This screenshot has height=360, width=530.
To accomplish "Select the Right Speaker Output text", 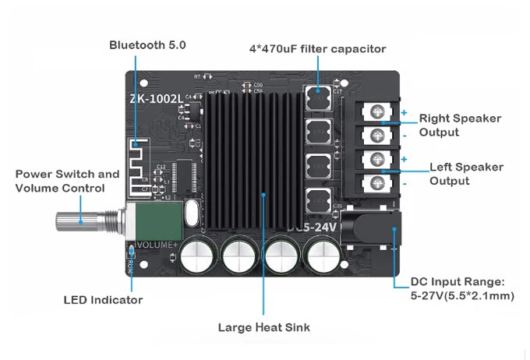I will (460, 125).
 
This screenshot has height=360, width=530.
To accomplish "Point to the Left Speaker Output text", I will (466, 174).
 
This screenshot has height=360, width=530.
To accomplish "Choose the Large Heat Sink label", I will (263, 327).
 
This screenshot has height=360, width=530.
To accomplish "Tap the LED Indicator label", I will (102, 300).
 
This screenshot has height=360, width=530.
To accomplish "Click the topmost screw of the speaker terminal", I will (376, 113).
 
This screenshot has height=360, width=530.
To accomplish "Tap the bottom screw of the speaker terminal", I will (376, 183).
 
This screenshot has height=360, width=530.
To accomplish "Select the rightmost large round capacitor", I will (320, 256).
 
